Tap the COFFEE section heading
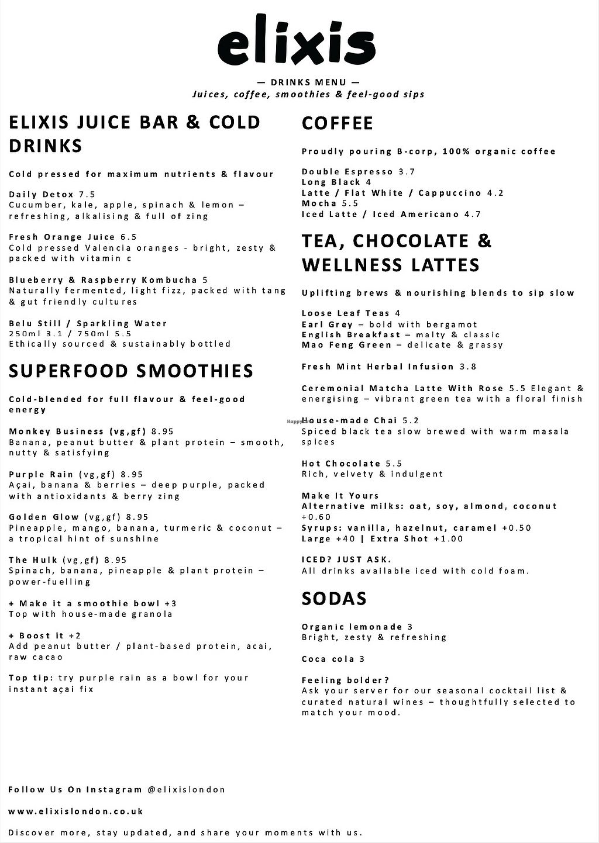(338, 123)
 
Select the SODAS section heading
(334, 599)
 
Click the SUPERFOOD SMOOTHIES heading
(131, 371)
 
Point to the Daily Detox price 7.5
(87, 194)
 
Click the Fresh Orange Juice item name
(62, 237)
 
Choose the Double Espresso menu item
(347, 171)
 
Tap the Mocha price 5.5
(350, 203)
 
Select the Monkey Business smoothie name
(56, 431)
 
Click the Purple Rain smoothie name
(41, 474)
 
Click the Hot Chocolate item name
(341, 464)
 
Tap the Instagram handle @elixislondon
(187, 789)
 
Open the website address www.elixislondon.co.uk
(76, 811)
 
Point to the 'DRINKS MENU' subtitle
(309, 82)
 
